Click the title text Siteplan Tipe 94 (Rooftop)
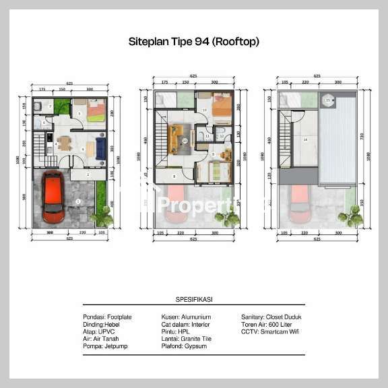(x=194, y=42)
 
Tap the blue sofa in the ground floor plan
(x=100, y=148)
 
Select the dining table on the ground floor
(x=65, y=143)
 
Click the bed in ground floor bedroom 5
(x=95, y=110)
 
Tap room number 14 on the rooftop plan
(x=305, y=140)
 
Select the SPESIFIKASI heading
(x=193, y=299)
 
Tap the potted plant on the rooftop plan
(x=350, y=218)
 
